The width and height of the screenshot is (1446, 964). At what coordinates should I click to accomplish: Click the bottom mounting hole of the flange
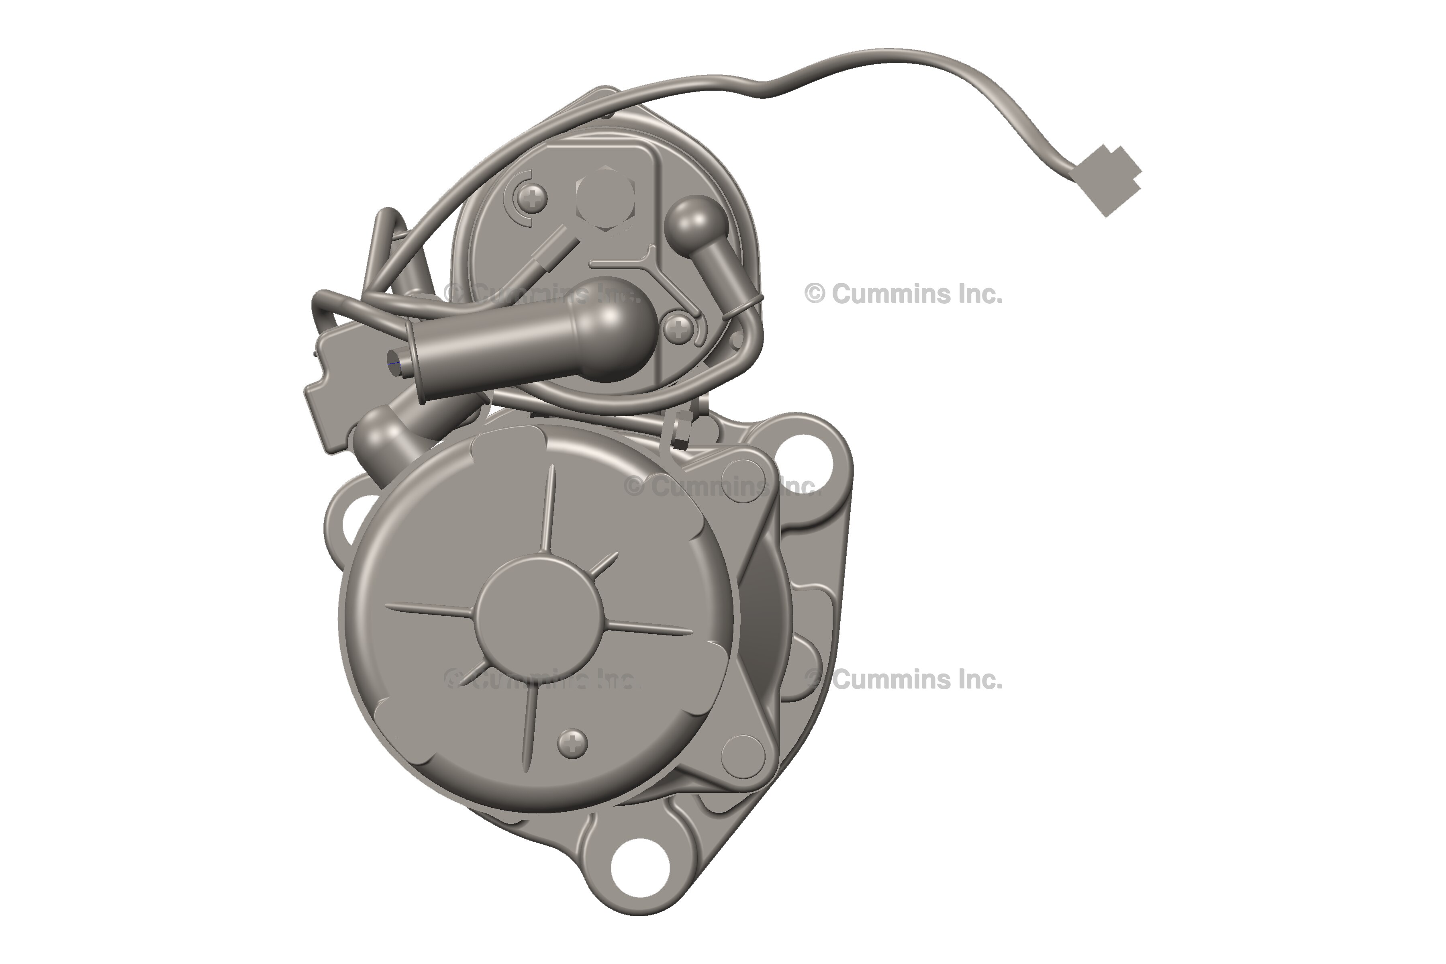[640, 868]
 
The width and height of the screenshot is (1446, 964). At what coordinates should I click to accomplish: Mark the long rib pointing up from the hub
[549, 510]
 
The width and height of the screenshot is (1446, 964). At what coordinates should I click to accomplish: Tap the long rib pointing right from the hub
[652, 629]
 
